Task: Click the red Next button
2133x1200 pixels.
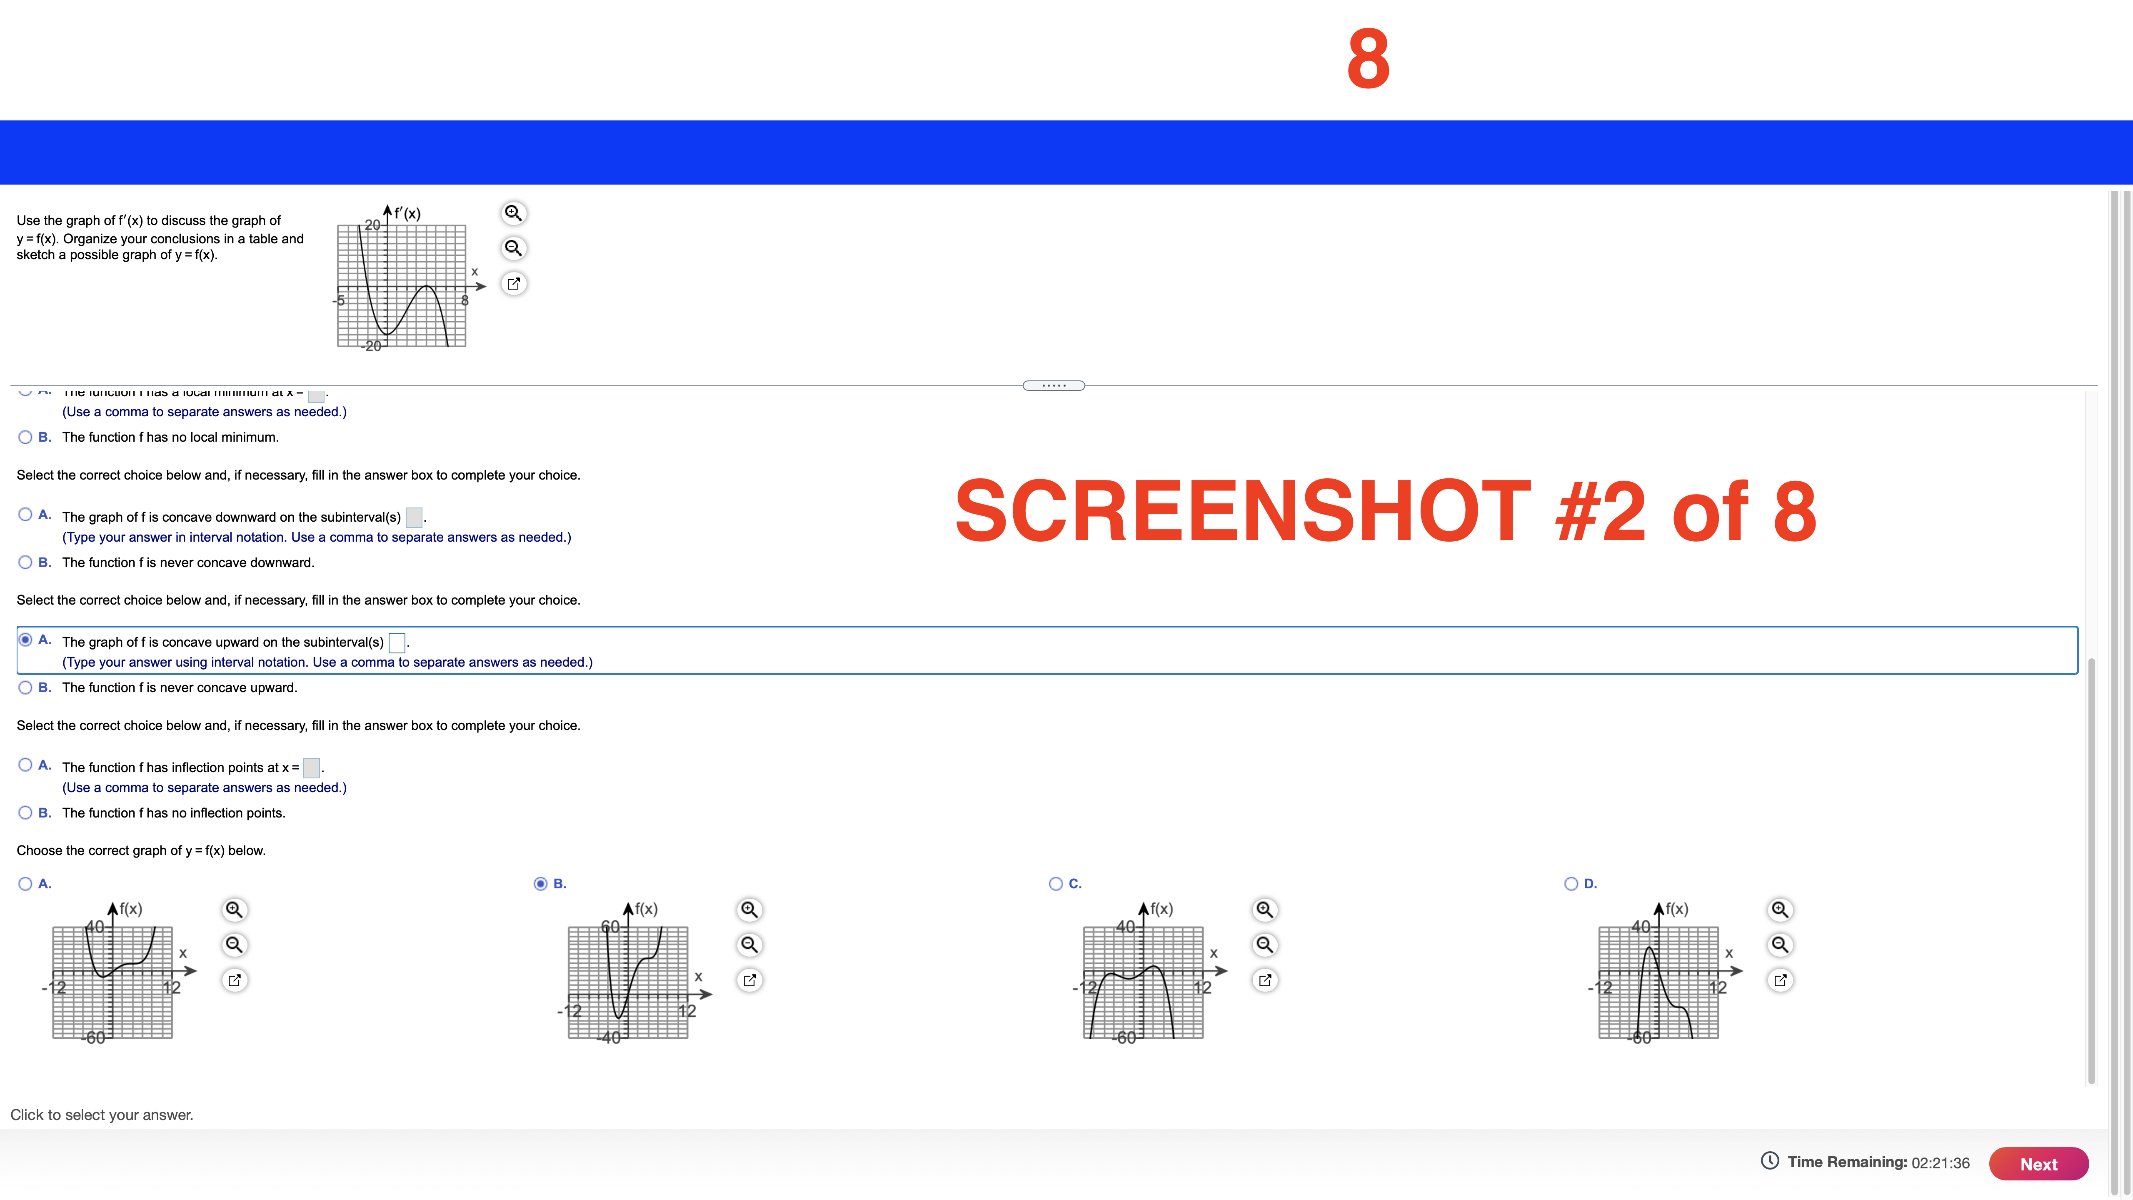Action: [x=2038, y=1164]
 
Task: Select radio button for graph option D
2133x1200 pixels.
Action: [x=1571, y=884]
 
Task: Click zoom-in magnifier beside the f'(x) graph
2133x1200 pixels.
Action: [x=513, y=213]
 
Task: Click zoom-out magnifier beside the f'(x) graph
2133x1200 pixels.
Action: [x=513, y=247]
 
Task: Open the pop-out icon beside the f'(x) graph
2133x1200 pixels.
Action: [x=513, y=283]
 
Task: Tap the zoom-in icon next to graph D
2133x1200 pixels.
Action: [x=1779, y=909]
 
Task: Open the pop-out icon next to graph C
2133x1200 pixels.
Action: [x=1264, y=980]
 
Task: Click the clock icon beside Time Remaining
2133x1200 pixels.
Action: [x=1769, y=1161]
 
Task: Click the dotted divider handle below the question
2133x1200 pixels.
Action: [x=1053, y=385]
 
